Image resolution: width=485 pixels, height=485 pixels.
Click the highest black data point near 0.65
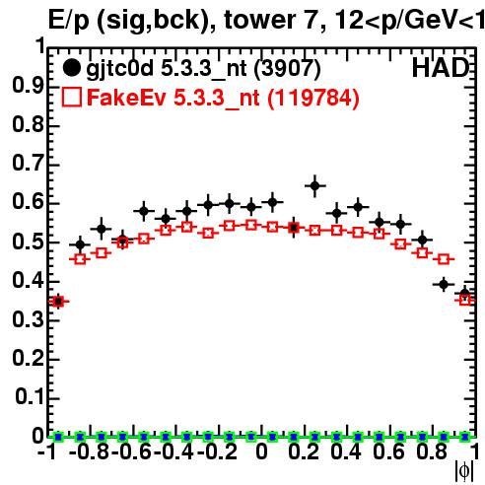[x=314, y=186]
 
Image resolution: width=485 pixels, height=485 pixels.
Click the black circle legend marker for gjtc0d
[x=71, y=68]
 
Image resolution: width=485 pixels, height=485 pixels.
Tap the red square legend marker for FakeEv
[x=71, y=98]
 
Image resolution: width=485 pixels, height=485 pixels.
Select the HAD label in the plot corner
[x=441, y=68]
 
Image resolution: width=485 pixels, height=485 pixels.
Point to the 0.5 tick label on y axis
[x=28, y=242]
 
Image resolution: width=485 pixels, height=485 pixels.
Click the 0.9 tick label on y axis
[x=28, y=87]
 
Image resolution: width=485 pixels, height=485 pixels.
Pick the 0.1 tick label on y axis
[x=30, y=397]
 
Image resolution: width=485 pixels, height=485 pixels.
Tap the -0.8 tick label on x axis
[x=89, y=451]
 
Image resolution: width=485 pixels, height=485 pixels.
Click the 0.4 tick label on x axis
[x=346, y=451]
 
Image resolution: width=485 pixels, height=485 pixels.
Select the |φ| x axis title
[x=464, y=471]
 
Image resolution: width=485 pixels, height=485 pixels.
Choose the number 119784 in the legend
[x=312, y=98]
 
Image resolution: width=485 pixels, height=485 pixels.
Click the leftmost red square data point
[x=58, y=302]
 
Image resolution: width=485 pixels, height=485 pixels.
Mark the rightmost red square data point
[x=465, y=300]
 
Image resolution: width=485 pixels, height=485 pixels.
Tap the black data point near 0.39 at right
[x=444, y=284]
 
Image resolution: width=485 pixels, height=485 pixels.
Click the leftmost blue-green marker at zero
[x=58, y=437]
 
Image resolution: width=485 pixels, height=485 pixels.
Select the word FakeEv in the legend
[x=126, y=98]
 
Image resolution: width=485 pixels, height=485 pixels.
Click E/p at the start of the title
[x=68, y=21]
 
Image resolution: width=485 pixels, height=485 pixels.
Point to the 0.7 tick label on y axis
[x=28, y=165]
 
